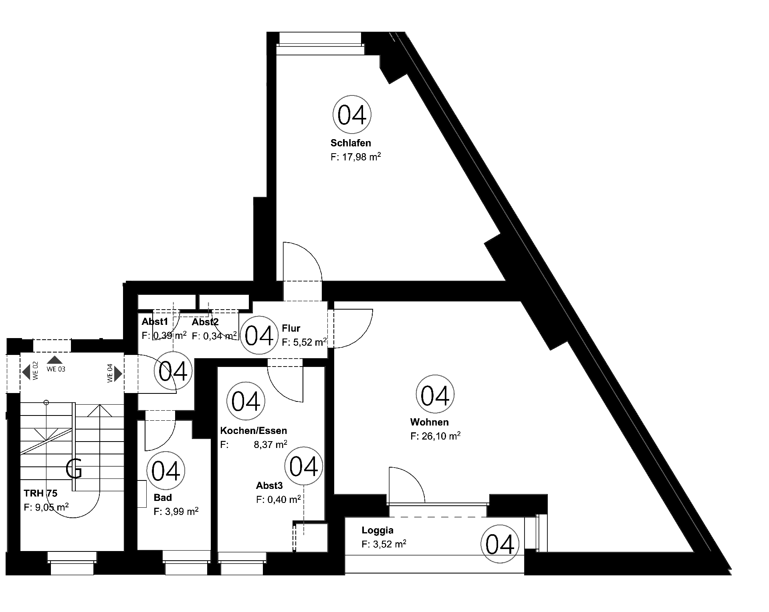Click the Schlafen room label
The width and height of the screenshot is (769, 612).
point(351,143)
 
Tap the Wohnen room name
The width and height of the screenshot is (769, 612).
point(429,422)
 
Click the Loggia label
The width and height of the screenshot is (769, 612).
point(377,531)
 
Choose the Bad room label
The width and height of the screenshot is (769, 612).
point(163,498)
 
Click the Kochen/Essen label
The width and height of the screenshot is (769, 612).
point(254,431)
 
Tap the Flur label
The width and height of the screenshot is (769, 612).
point(291,328)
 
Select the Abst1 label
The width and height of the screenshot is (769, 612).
point(155,322)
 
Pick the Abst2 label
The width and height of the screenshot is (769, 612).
point(205,322)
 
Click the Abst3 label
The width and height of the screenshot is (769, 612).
point(269,486)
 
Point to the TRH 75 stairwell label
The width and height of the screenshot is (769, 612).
point(40,493)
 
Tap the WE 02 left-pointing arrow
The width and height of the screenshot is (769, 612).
point(26,372)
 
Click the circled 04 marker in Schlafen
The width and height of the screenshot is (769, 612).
point(352,115)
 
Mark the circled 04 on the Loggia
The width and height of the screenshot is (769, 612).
point(500,545)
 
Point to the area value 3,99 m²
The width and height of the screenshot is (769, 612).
point(176,511)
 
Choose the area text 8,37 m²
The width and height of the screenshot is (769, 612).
point(270,444)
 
